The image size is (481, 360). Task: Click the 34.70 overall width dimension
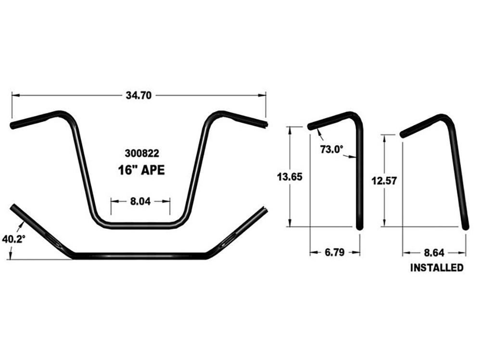click(139, 95)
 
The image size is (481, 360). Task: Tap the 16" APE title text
click(140, 170)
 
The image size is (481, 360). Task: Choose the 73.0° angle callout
click(331, 149)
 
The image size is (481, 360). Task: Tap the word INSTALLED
click(436, 268)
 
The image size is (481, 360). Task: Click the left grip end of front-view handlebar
click(13, 125)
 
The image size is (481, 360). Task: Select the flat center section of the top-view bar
click(139, 255)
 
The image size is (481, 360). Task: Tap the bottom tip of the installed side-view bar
click(465, 227)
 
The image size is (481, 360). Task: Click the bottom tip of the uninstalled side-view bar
click(359, 227)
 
